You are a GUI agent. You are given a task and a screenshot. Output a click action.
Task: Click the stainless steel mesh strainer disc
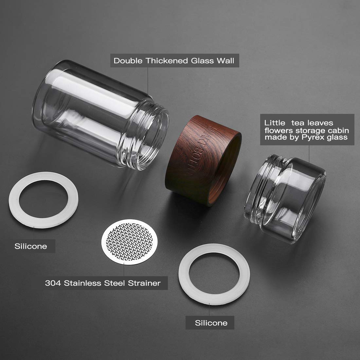[130, 242]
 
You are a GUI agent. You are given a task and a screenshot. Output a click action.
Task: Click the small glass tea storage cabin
[285, 198]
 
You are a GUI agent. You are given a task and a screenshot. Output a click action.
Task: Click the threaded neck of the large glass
[147, 136]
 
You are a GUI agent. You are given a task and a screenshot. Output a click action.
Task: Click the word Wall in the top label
[226, 61]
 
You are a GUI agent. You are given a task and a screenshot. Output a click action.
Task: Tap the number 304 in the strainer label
[53, 283]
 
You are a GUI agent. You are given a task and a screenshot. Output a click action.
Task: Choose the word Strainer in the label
[144, 283]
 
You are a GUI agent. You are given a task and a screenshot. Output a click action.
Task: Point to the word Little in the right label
[275, 123]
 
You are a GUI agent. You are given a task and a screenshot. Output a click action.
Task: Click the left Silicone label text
[31, 246]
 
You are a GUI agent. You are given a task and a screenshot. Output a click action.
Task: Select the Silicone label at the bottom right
[211, 323]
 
